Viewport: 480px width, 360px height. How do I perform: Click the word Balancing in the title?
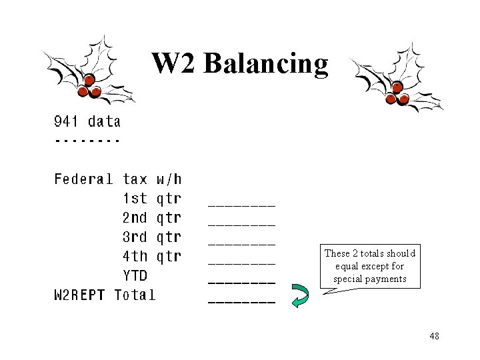pos(266,64)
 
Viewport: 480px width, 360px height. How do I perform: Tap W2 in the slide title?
pos(175,64)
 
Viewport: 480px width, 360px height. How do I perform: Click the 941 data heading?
pos(87,121)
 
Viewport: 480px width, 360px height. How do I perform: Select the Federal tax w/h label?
pos(117,179)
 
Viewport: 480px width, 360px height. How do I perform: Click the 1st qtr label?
pos(151,198)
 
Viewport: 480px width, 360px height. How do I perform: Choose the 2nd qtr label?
pos(151,217)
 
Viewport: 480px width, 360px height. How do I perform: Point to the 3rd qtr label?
pos(151,237)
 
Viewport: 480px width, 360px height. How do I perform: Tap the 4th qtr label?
pos(151,256)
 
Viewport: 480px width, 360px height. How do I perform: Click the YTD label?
pos(135,275)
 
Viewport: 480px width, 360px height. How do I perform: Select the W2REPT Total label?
pos(105,295)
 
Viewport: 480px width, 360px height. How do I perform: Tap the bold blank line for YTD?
pos(241,282)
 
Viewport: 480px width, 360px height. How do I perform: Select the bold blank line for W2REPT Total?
pos(241,302)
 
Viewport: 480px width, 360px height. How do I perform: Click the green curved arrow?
pos(301,295)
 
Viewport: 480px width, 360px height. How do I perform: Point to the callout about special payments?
pos(370,266)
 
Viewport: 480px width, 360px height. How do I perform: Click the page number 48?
pos(434,336)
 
